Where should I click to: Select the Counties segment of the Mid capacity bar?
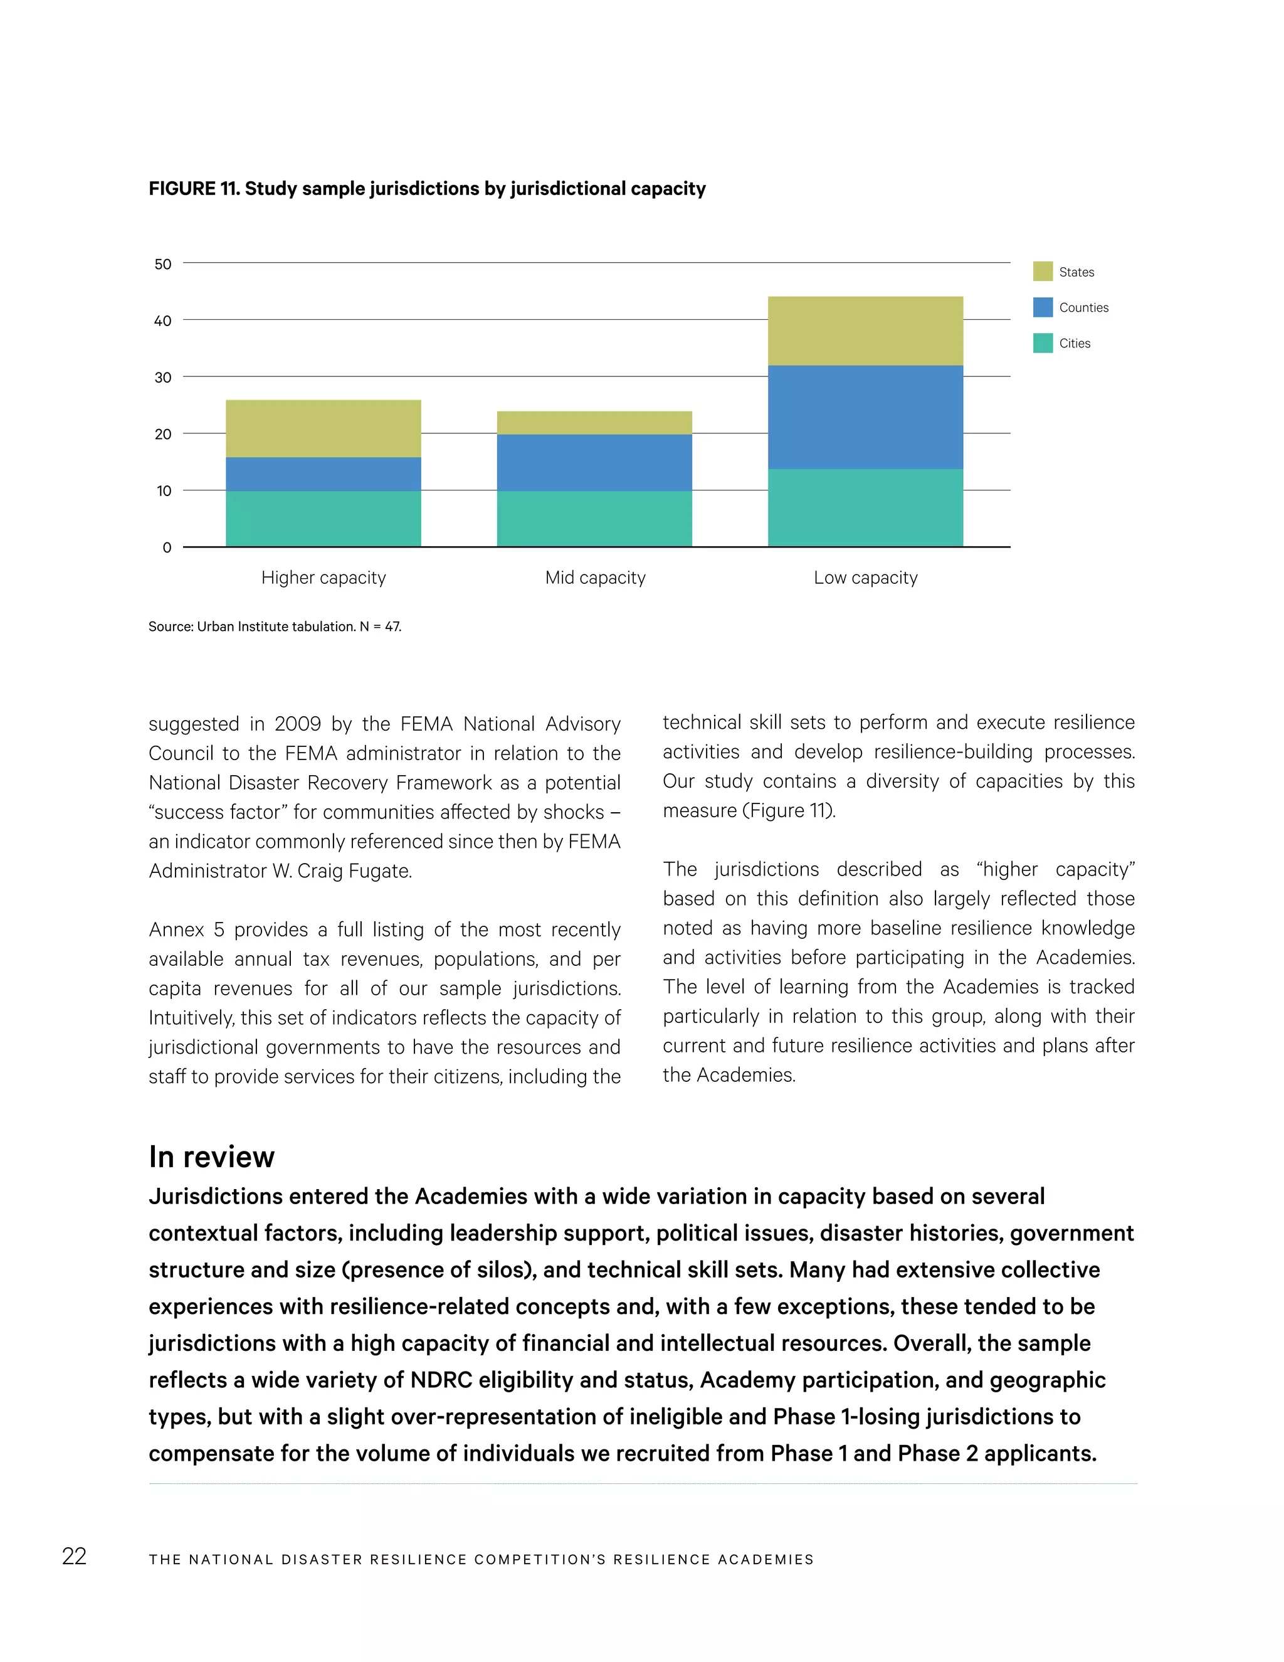coord(594,462)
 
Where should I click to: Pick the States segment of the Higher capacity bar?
coord(324,428)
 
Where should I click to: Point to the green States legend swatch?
coord(1042,272)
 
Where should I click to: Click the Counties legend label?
coord(1083,307)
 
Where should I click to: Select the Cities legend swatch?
coord(1042,343)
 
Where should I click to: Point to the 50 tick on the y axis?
coord(163,264)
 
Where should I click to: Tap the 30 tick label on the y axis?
coord(163,378)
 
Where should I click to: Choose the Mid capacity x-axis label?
coord(595,578)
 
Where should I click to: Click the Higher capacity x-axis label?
coord(324,578)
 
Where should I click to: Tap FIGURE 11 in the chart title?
coord(193,189)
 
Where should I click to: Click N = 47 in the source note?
coord(381,627)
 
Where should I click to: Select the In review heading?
coord(211,1156)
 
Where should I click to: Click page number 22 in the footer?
coord(74,1556)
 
